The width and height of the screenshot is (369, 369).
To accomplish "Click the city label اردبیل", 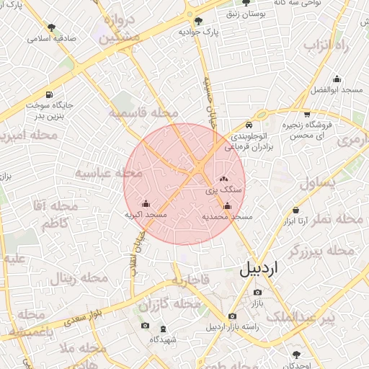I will coord(262,270).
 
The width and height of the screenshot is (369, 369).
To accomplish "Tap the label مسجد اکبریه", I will coord(146,215).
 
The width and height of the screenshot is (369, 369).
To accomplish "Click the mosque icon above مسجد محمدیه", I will coord(227,205).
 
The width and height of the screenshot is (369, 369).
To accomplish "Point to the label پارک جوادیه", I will coord(198,32).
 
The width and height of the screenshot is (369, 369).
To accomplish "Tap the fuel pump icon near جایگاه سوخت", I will coord(49,94).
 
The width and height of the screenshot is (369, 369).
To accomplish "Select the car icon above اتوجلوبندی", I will coord(249,123).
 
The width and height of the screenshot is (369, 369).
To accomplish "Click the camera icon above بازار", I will coord(258,292).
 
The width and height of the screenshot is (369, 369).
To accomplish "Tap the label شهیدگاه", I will coord(164,338).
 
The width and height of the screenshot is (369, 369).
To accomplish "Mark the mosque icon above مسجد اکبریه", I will coord(146,204).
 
